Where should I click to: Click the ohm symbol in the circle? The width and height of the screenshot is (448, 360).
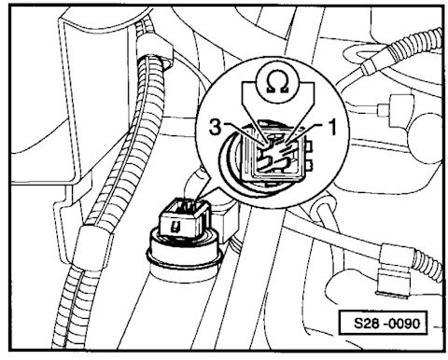(x=277, y=84)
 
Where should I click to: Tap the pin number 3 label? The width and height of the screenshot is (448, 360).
(x=216, y=128)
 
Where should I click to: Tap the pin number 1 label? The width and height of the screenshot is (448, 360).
(x=332, y=128)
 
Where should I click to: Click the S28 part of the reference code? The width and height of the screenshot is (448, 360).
(x=368, y=324)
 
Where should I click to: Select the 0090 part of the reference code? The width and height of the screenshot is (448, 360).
(x=404, y=324)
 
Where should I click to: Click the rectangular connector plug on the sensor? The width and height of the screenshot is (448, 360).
(x=183, y=220)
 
